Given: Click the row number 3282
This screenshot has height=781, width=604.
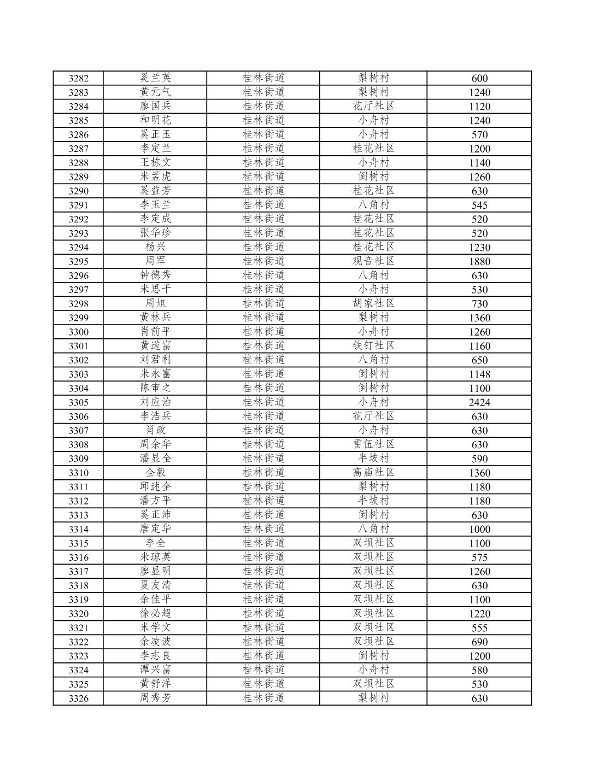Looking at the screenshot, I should (x=78, y=78).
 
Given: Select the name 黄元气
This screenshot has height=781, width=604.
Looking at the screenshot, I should (x=155, y=92).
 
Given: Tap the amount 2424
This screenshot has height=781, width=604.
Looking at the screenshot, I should (x=479, y=403).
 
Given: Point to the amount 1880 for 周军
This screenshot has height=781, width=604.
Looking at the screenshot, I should (x=479, y=262).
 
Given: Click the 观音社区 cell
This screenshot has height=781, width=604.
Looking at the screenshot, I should (x=373, y=261).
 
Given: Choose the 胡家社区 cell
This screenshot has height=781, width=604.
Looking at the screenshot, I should (x=373, y=303).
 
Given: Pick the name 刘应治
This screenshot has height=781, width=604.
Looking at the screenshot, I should (x=155, y=402).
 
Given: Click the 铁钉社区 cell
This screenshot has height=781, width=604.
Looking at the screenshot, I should (x=373, y=346).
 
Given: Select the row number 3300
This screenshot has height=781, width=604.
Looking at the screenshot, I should (x=78, y=332).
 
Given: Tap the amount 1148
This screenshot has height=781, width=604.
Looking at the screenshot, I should (x=479, y=374).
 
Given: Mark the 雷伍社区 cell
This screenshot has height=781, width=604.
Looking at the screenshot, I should (x=373, y=444).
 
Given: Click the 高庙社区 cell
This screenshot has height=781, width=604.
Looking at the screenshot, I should (x=373, y=473).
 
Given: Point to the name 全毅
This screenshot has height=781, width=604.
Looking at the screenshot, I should (x=155, y=473).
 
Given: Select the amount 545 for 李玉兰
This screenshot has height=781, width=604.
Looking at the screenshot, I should (x=479, y=205).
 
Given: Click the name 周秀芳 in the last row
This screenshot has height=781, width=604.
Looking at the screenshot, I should (x=155, y=698).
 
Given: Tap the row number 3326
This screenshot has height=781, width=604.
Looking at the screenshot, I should (x=78, y=698).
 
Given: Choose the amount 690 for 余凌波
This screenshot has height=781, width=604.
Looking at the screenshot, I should (x=479, y=642).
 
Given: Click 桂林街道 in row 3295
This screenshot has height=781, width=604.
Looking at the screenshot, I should (x=263, y=261).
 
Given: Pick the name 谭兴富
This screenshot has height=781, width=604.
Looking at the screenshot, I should (x=155, y=670).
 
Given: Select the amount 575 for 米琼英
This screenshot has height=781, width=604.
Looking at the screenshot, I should (x=479, y=557).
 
